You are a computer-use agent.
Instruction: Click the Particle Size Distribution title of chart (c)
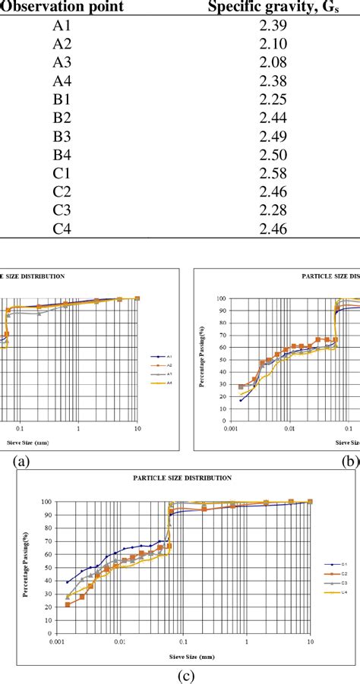[x=182, y=478]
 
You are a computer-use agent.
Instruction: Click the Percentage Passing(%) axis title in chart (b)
[x=202, y=357]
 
